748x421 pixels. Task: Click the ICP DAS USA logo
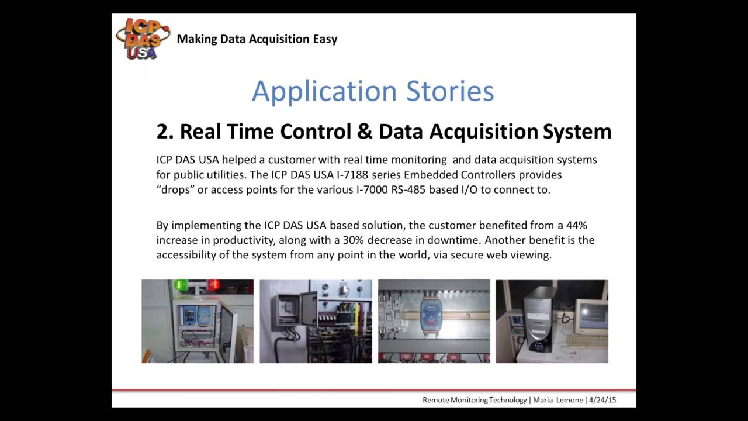[143, 38]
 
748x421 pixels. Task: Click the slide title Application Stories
[373, 91]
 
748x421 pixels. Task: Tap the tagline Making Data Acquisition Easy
[257, 39]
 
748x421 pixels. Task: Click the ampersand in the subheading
[364, 132]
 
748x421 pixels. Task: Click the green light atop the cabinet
[180, 285]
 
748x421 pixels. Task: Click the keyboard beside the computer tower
[586, 341]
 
